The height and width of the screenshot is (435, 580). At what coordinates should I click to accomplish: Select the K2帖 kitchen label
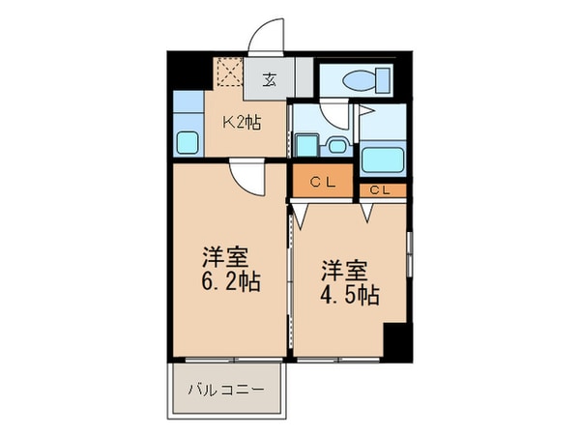(x=243, y=123)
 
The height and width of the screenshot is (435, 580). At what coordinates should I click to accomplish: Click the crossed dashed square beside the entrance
(x=228, y=72)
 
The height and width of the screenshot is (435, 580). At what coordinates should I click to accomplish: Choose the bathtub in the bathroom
(x=385, y=158)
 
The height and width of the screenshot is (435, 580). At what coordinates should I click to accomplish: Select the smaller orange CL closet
(x=380, y=190)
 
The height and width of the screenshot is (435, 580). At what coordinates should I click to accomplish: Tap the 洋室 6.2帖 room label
(x=230, y=271)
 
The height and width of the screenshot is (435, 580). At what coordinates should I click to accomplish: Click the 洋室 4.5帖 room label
(x=349, y=281)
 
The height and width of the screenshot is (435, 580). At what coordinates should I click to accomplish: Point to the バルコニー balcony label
(x=226, y=391)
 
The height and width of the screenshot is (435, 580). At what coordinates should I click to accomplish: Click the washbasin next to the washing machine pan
(x=336, y=146)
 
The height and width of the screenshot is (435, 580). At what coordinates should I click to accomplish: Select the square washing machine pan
(x=305, y=146)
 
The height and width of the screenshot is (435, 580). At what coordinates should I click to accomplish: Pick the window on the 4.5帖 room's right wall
(x=409, y=253)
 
